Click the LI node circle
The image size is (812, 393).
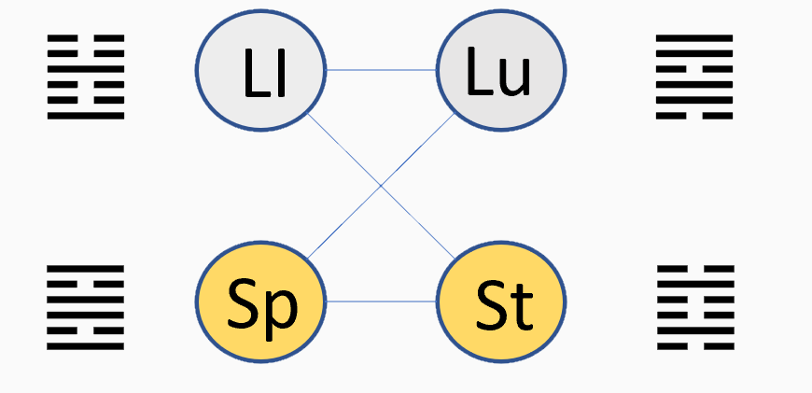pyautogui.click(x=260, y=70)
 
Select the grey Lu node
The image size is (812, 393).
pyautogui.click(x=501, y=70)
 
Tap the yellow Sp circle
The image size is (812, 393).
pyautogui.click(x=260, y=302)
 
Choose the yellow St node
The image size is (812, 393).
pyautogui.click(x=501, y=302)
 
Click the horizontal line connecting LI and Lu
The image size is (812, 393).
pyautogui.click(x=381, y=70)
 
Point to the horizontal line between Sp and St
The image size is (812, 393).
pyautogui.click(x=381, y=302)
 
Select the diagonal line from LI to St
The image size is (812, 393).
pyautogui.click(x=381, y=186)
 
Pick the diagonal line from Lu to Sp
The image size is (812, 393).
pyautogui.click(x=381, y=186)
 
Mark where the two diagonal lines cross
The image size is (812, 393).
pyautogui.click(x=381, y=186)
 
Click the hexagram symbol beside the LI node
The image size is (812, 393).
pyautogui.click(x=86, y=77)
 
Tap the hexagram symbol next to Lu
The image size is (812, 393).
pyautogui.click(x=694, y=77)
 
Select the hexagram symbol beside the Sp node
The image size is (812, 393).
pyautogui.click(x=86, y=307)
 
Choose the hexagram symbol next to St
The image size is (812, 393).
pyautogui.click(x=696, y=307)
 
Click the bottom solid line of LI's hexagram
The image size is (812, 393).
pyautogui.click(x=86, y=116)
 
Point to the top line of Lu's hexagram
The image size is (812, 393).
pyautogui.click(x=694, y=37)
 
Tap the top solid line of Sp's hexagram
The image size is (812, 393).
pyautogui.click(x=86, y=268)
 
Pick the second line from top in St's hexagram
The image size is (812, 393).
pyautogui.click(x=696, y=284)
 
